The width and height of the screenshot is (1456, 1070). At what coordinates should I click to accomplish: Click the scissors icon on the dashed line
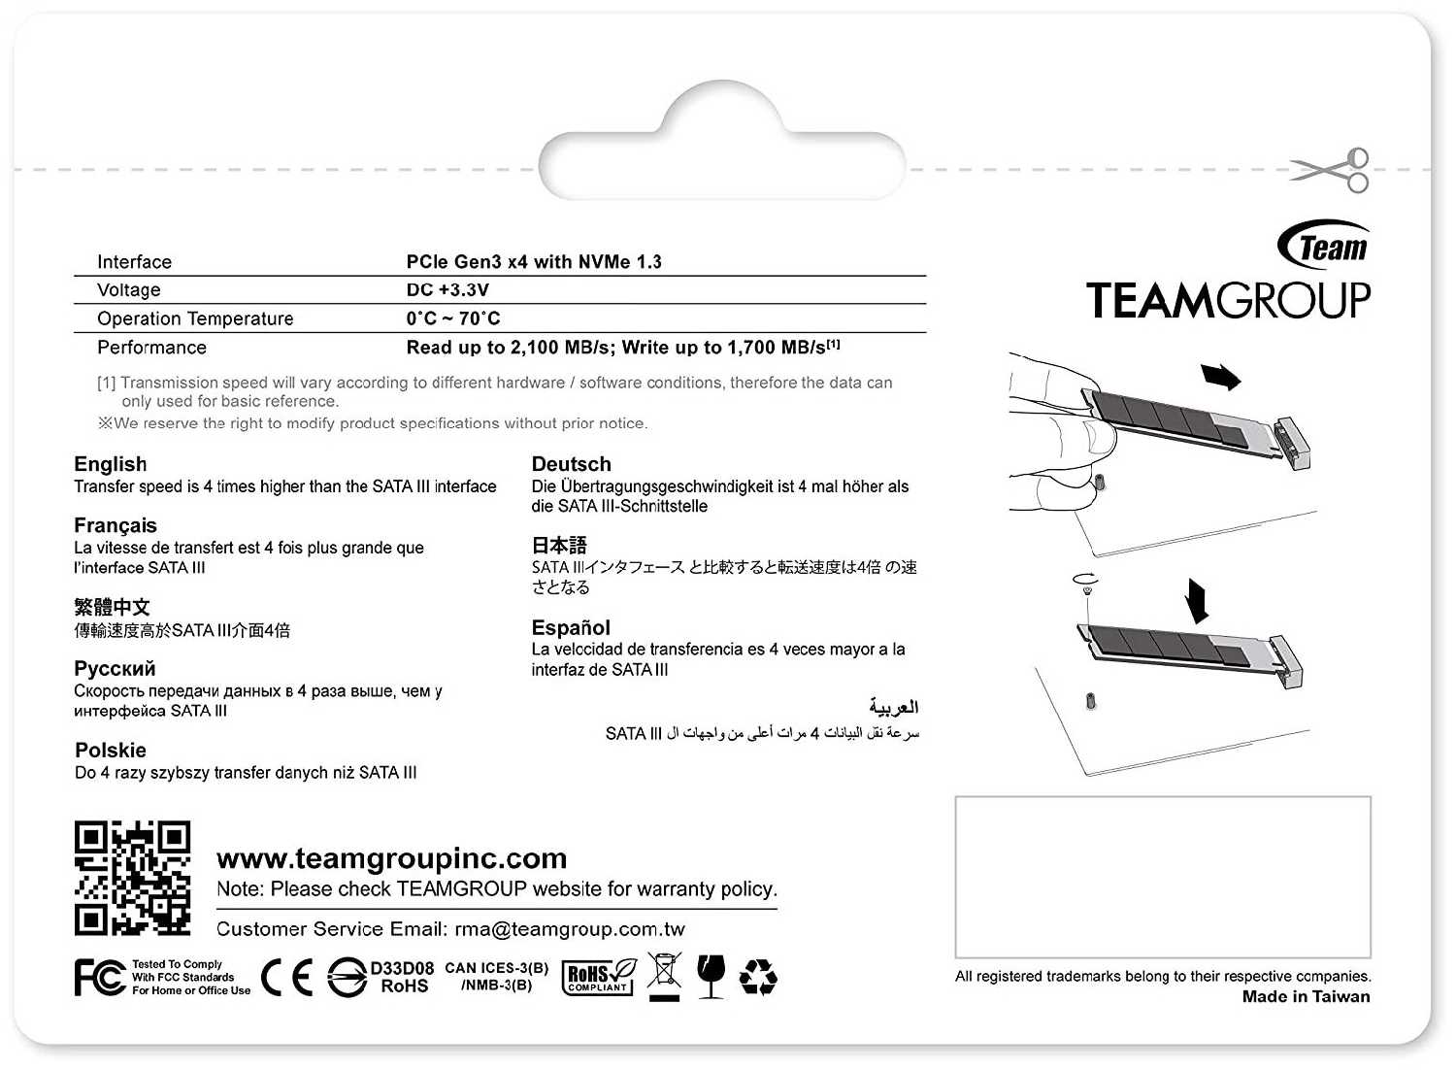click(x=1332, y=171)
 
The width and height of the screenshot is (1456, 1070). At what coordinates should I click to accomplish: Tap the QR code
click(x=132, y=878)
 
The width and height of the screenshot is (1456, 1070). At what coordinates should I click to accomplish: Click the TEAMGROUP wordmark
click(x=1228, y=301)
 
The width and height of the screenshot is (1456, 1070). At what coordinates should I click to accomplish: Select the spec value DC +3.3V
click(x=447, y=290)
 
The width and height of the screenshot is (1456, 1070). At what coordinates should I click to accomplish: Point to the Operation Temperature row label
click(x=195, y=318)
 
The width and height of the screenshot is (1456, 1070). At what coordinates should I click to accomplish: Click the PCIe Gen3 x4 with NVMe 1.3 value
click(x=534, y=262)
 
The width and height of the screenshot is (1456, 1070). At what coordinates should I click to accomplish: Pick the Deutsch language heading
click(x=572, y=464)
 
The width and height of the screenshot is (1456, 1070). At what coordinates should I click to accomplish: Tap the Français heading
click(x=116, y=525)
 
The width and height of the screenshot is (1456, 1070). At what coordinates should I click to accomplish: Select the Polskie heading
click(x=111, y=751)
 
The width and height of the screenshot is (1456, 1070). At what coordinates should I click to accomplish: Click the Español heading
click(x=571, y=627)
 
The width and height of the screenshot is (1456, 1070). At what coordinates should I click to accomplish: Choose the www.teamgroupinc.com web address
click(x=392, y=858)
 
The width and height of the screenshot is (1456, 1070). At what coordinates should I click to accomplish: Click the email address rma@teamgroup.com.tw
click(x=570, y=929)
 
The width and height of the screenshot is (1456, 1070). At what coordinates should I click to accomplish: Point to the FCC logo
click(x=100, y=978)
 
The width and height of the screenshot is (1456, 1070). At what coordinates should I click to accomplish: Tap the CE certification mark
click(x=287, y=978)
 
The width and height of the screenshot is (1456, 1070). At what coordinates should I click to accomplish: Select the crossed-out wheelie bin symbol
click(x=665, y=975)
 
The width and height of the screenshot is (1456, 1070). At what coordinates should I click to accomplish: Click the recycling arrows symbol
click(x=758, y=977)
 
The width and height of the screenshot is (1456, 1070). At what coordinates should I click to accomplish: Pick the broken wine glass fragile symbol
click(x=711, y=975)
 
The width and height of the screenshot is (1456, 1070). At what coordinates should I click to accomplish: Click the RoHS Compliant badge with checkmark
click(x=599, y=977)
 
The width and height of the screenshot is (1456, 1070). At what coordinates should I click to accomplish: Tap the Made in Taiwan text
click(x=1306, y=996)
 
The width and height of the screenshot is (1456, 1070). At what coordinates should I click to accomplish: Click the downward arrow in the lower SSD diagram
click(x=1198, y=600)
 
